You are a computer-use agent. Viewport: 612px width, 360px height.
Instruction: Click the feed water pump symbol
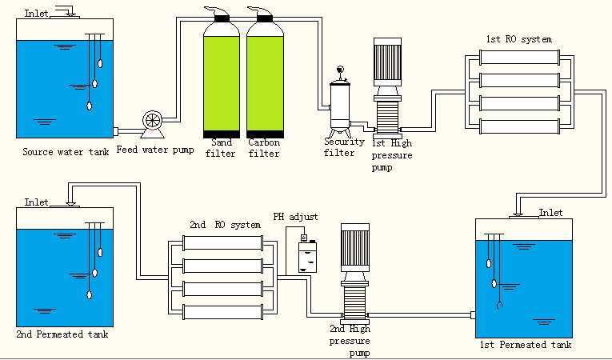click(x=152, y=121)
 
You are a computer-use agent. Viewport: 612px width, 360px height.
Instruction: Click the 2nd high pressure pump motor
click(x=354, y=247)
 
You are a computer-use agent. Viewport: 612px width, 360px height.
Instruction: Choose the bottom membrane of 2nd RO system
click(x=223, y=310)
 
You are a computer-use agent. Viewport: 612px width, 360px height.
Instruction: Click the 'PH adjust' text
click(x=295, y=217)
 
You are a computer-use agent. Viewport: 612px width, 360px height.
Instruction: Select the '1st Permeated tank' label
click(x=523, y=345)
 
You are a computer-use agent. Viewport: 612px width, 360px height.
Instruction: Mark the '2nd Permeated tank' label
click(x=62, y=334)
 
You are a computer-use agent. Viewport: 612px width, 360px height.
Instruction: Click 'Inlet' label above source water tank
click(x=36, y=14)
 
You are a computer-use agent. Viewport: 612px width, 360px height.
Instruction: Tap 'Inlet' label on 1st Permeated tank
click(x=550, y=212)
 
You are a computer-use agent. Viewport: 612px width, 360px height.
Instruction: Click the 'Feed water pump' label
click(x=154, y=149)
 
